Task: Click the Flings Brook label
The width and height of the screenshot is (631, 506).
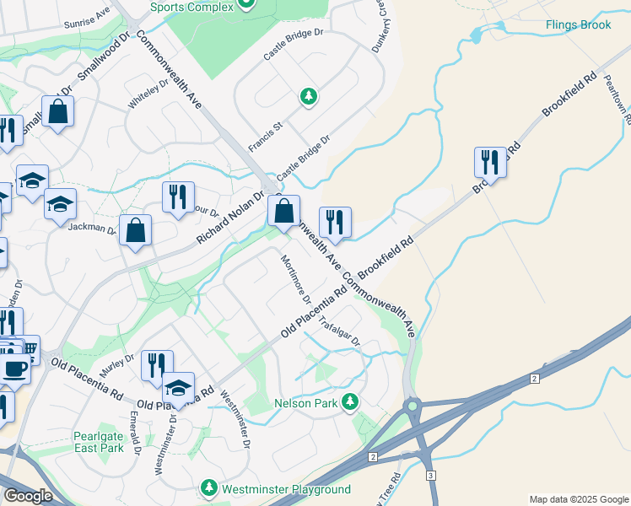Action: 578,24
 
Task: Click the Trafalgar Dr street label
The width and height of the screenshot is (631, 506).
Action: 339,331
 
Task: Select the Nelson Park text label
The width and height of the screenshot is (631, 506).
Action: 305,403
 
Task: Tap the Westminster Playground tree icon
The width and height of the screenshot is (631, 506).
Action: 209,488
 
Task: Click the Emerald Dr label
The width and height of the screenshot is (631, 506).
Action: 135,430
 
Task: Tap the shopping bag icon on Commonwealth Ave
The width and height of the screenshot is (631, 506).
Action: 284,210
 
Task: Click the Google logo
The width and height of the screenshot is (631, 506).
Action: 28,495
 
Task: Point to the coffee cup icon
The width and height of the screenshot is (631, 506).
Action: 16,369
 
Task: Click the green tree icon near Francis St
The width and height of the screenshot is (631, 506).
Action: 309,96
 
